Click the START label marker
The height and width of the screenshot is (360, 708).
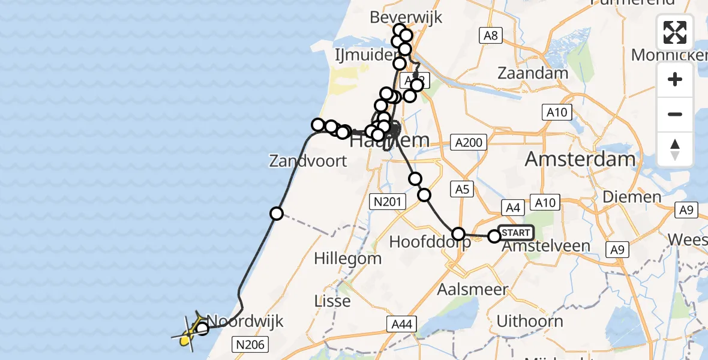[x=515, y=232]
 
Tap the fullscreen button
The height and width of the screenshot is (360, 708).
[x=675, y=32]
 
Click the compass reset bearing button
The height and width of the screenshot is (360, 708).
[x=675, y=149]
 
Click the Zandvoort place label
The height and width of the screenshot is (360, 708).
[x=308, y=161]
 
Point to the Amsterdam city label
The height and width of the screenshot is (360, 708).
[x=580, y=159]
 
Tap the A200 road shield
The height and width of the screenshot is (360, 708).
[x=469, y=142]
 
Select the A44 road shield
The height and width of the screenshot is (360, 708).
[x=401, y=325]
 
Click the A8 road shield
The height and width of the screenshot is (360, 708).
[x=491, y=36]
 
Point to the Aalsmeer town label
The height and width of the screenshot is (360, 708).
[x=473, y=289]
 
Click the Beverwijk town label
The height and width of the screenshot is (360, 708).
[x=406, y=17]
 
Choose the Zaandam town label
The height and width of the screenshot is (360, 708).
[x=533, y=73]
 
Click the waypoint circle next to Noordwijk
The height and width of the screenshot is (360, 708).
[x=202, y=328]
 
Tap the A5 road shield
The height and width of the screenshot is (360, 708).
[x=461, y=190]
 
